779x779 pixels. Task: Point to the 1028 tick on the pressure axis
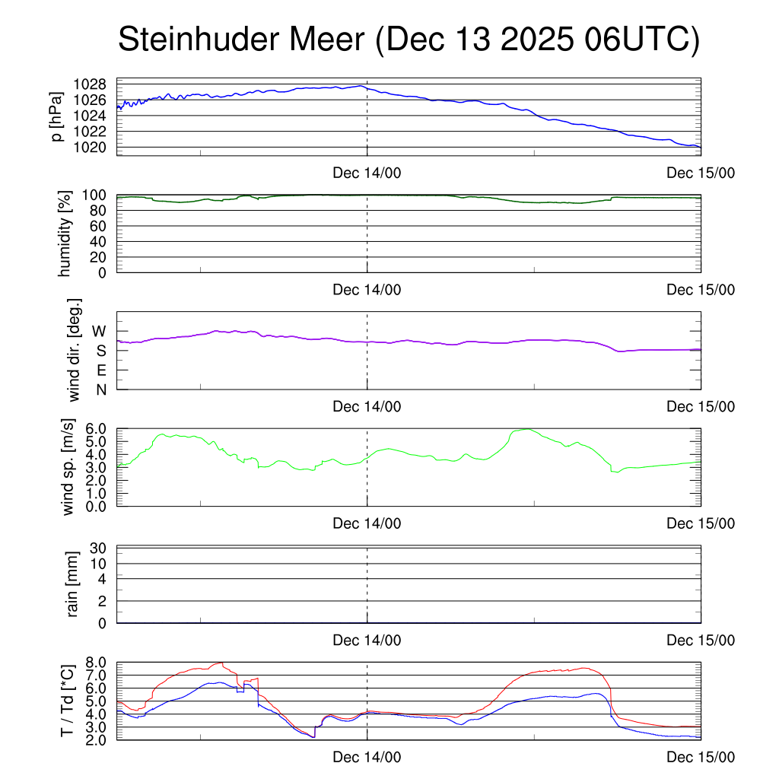click(90, 84)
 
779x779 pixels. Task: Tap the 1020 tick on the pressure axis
click(90, 147)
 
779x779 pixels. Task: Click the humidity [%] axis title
click(65, 233)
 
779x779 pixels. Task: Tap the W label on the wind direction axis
click(100, 332)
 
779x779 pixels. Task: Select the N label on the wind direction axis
click(100, 389)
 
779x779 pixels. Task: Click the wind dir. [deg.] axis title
click(74, 349)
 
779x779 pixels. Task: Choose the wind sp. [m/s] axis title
click(70, 466)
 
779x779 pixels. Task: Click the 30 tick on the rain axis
click(99, 548)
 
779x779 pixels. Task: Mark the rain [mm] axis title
click(73, 583)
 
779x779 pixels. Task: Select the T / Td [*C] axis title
click(68, 701)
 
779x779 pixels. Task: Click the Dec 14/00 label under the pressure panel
click(367, 173)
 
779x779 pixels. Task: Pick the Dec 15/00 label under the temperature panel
click(700, 758)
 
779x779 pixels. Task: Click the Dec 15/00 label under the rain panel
click(700, 641)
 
